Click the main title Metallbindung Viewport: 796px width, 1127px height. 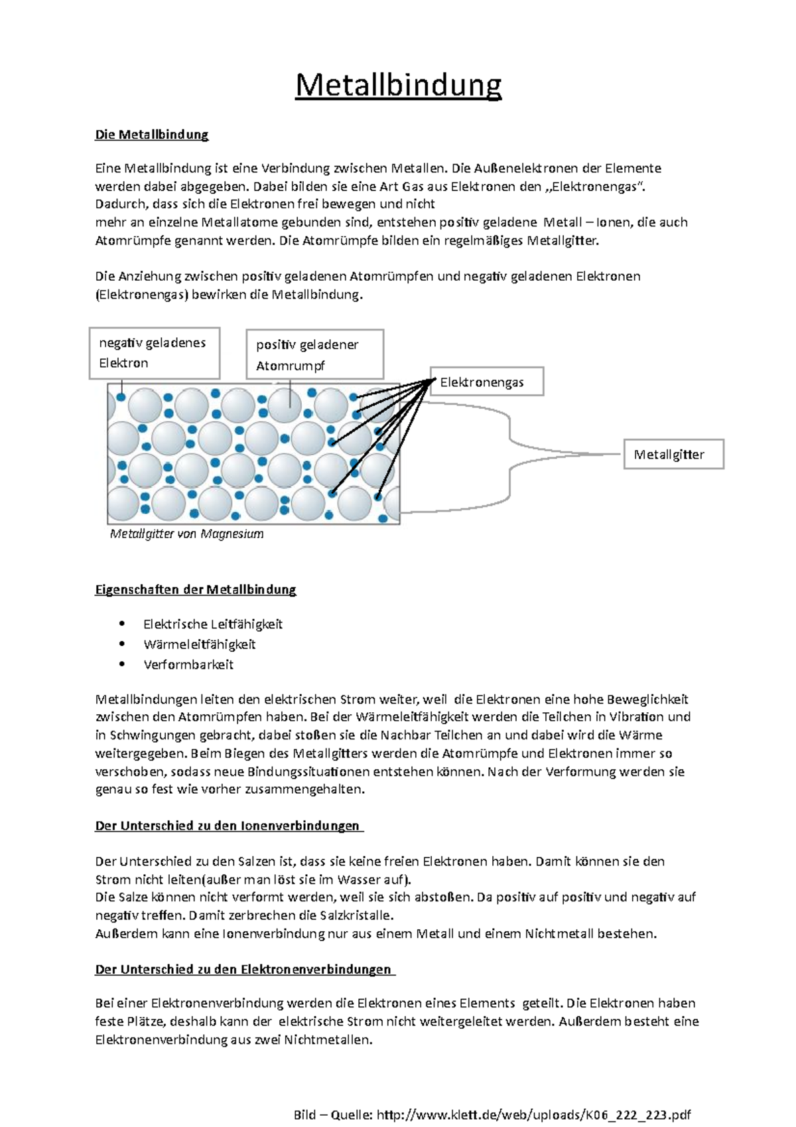398,85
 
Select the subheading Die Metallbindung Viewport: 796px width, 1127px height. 152,135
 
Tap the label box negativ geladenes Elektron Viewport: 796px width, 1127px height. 154,352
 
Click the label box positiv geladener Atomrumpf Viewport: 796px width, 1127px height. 314,354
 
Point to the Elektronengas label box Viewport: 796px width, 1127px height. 487,382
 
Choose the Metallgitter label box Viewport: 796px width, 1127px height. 673,455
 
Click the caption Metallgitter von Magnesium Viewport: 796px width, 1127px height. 186,534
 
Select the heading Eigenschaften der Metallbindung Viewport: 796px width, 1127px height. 196,589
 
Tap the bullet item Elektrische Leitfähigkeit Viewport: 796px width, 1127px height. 213,624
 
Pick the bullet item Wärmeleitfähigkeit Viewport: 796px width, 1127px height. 199,644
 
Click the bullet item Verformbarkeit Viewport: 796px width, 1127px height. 188,664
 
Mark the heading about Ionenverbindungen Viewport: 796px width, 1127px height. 228,826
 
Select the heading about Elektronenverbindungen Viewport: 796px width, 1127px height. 244,969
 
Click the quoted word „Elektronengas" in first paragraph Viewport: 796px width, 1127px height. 595,187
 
